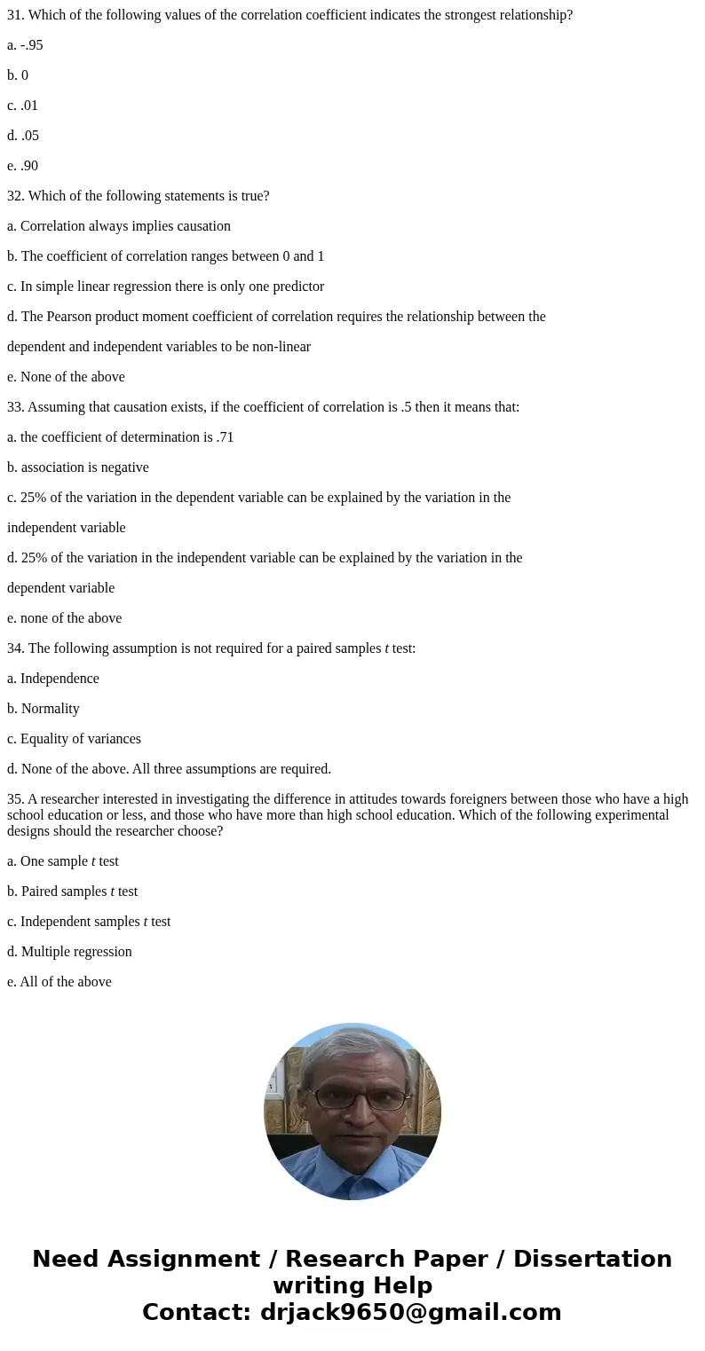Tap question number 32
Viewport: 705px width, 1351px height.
point(16,196)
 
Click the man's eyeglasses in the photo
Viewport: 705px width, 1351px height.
point(353,1098)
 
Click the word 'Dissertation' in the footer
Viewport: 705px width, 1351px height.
point(592,1259)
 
